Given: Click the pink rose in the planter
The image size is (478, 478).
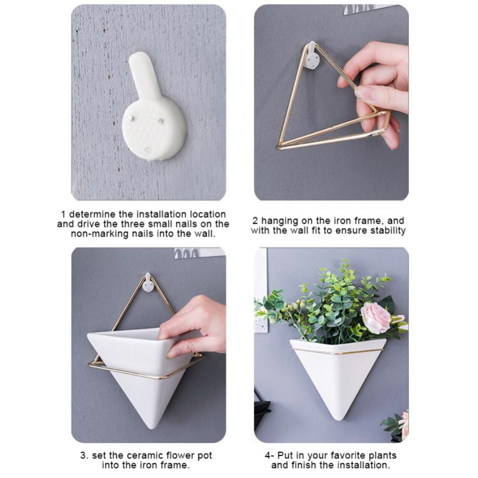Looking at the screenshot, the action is [377, 318].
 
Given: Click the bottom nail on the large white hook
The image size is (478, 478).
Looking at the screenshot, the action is [147, 150].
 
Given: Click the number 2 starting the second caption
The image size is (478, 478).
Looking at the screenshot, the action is [255, 221].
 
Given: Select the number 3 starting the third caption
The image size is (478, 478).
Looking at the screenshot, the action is [83, 456].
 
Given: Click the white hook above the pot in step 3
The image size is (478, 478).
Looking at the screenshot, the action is [149, 283].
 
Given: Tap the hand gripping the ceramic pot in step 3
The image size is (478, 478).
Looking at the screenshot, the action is [193, 326].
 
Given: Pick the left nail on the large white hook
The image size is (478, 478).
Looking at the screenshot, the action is [130, 118].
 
